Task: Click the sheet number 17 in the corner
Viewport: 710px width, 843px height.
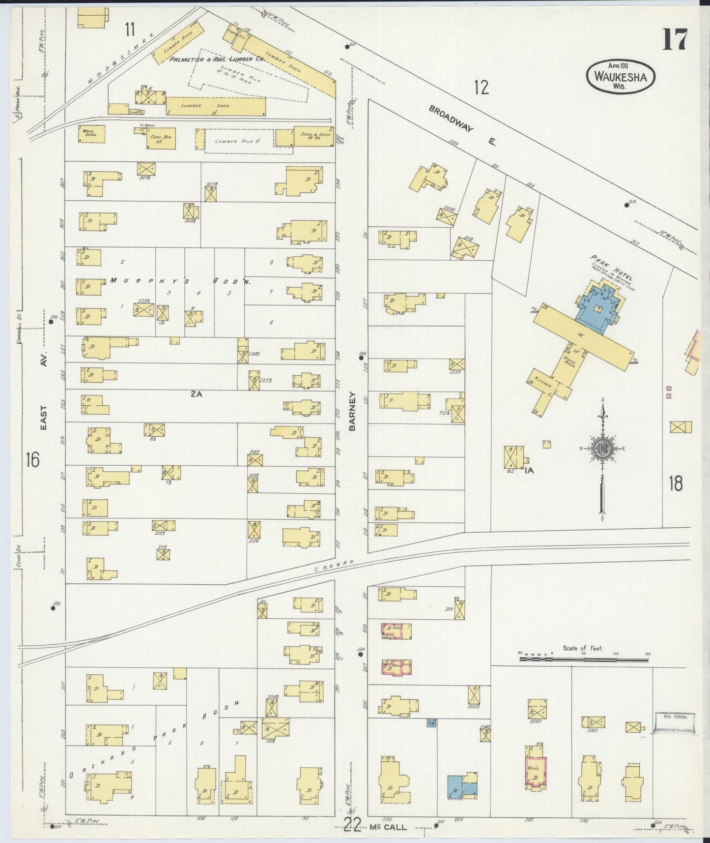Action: pos(675,40)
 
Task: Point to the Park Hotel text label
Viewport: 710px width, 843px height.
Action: pos(611,268)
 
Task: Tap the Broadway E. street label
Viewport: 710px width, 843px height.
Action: pos(462,125)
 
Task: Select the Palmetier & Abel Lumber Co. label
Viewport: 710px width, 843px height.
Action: pos(217,59)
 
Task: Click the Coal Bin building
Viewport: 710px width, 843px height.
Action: pos(161,138)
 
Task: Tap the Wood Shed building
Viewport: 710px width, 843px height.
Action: pos(91,134)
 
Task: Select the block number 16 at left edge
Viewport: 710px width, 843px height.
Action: pos(32,460)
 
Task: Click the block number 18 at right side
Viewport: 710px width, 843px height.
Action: pos(675,483)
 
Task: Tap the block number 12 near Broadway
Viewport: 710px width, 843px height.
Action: pos(482,88)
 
